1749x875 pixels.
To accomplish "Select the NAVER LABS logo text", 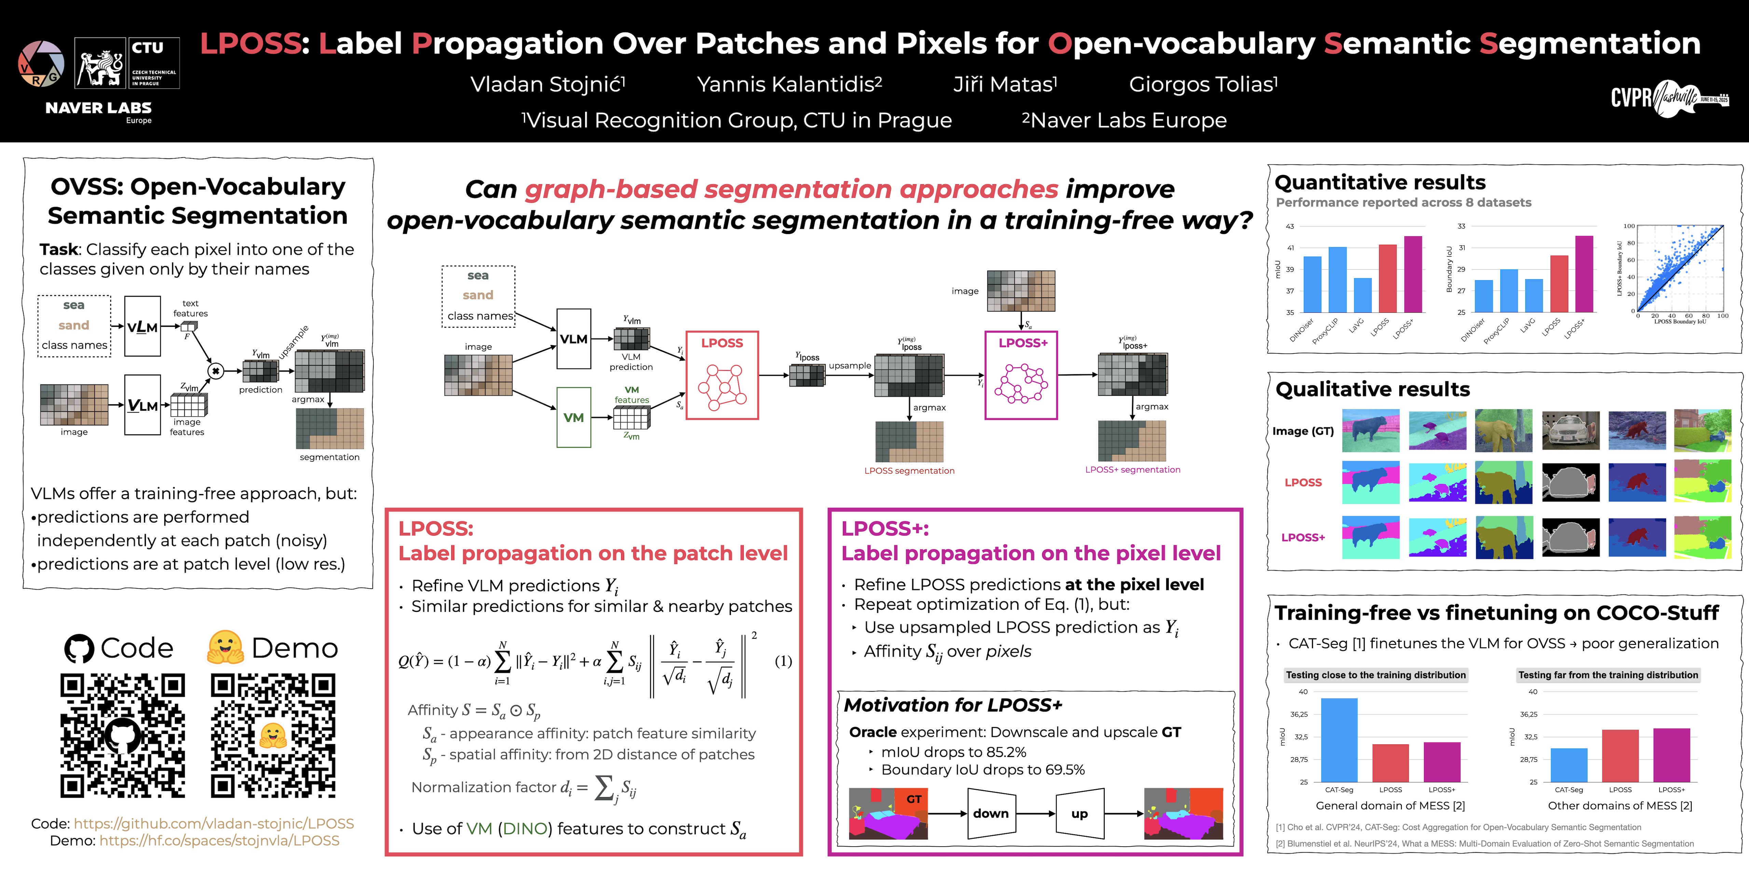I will click(98, 108).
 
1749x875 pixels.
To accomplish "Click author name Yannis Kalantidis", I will click(789, 84).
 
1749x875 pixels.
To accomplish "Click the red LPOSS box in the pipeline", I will click(722, 375).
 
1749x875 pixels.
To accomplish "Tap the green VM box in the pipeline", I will click(574, 417).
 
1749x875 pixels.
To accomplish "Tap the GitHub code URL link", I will click(214, 823).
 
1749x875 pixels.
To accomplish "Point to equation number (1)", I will click(783, 661).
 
